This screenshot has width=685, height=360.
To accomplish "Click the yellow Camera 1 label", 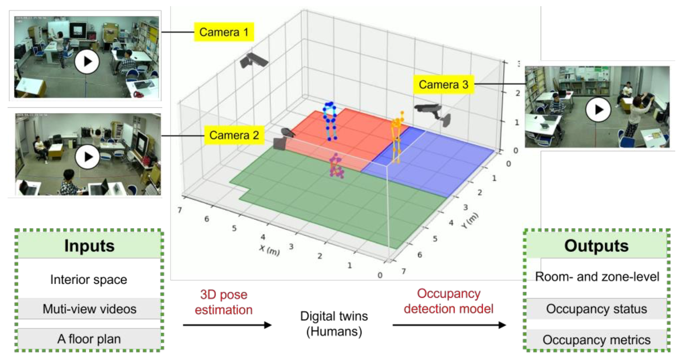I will pyautogui.click(x=224, y=32).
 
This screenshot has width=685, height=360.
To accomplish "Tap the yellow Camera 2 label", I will pyautogui.click(x=234, y=135).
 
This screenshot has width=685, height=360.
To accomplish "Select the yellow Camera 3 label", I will pyautogui.click(x=443, y=85).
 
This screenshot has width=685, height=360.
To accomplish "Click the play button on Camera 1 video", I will pyautogui.click(x=87, y=62).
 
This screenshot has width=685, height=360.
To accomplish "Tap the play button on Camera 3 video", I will pyautogui.click(x=598, y=110).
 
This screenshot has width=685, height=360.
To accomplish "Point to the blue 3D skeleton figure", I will pyautogui.click(x=330, y=121).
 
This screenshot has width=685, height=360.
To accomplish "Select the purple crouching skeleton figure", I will pyautogui.click(x=336, y=166).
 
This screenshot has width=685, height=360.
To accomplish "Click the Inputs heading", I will pyautogui.click(x=89, y=246).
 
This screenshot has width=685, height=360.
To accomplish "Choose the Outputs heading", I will pyautogui.click(x=596, y=246).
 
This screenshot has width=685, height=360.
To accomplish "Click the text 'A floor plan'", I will pyautogui.click(x=89, y=339).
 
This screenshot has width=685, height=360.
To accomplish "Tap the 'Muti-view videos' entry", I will pyautogui.click(x=89, y=309).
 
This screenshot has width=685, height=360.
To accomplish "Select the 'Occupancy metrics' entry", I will pyautogui.click(x=596, y=340).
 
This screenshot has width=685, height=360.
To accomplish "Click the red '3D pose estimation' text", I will pyautogui.click(x=224, y=302).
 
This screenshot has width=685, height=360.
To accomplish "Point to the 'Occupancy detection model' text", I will pyautogui.click(x=448, y=301).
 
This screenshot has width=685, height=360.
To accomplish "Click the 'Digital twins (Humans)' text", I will pyautogui.click(x=334, y=323).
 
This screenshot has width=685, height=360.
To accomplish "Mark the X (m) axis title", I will pyautogui.click(x=269, y=249).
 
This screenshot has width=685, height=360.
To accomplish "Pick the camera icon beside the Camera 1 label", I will pyautogui.click(x=254, y=61).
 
